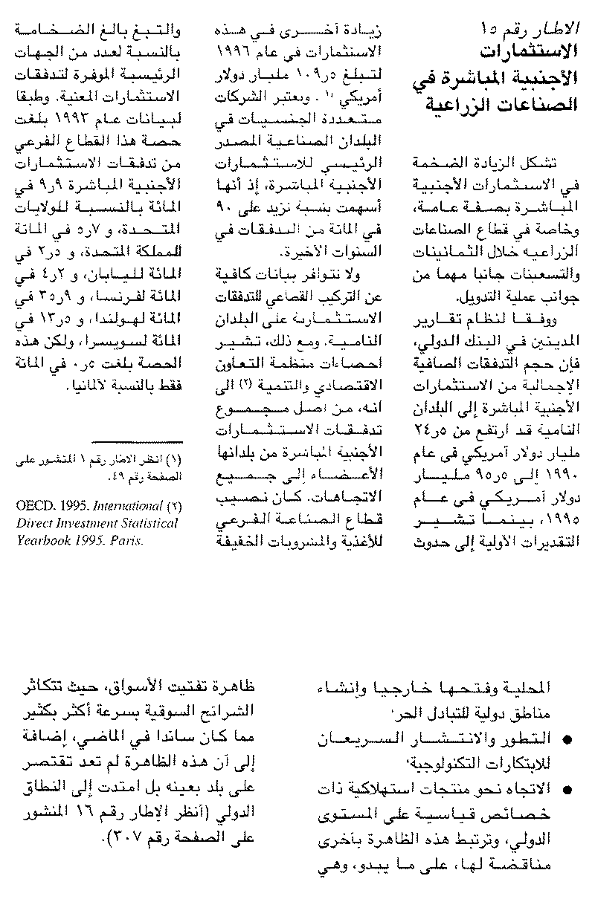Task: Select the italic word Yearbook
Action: click(x=44, y=541)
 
